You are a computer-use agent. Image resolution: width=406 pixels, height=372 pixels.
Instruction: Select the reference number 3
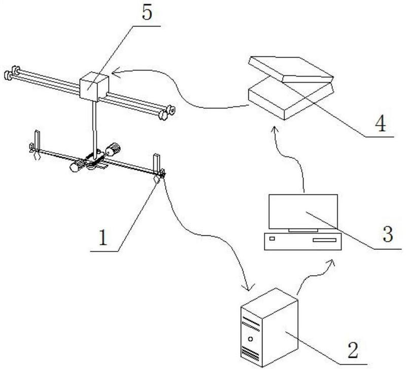(x=388, y=235)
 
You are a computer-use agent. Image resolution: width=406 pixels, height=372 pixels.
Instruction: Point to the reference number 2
(x=354, y=349)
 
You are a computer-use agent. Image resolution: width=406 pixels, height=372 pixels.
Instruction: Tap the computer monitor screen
(x=303, y=211)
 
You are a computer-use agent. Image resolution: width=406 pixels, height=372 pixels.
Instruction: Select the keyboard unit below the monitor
(x=303, y=241)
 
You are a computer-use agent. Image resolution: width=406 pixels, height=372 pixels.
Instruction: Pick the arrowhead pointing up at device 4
(x=275, y=130)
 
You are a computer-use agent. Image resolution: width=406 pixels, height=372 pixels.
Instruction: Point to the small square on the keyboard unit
(x=272, y=238)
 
